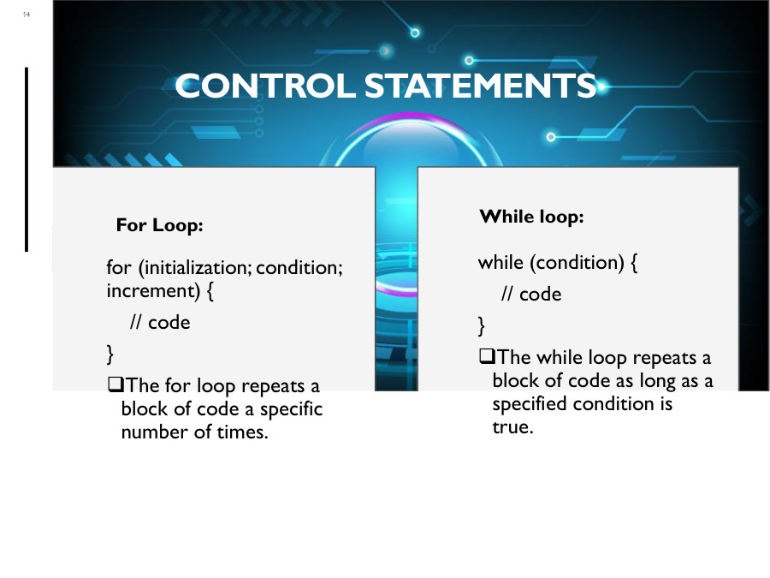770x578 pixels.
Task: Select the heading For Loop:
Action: [159, 226]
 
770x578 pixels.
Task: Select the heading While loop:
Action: [531, 217]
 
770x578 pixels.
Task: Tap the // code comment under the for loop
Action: [159, 323]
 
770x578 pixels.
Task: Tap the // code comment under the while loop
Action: [531, 295]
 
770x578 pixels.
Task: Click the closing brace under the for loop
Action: [110, 353]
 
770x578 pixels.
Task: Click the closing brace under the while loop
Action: [481, 325]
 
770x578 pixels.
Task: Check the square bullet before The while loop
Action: [487, 357]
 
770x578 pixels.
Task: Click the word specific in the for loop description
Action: [292, 409]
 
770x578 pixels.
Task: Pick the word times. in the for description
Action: [243, 432]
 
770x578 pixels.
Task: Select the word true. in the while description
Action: [512, 427]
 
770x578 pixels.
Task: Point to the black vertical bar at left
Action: [27, 159]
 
